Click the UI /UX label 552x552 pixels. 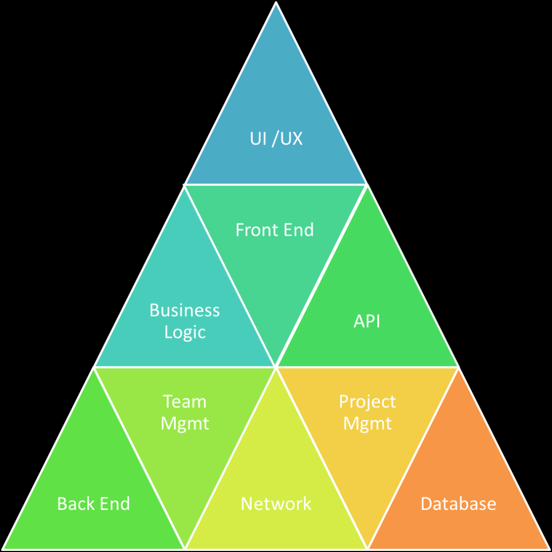click(x=276, y=139)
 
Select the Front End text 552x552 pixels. click(x=274, y=230)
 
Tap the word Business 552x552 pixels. click(x=184, y=310)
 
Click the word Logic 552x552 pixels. click(x=185, y=332)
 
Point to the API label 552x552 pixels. click(x=367, y=321)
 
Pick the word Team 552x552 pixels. click(x=184, y=402)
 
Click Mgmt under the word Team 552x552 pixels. click(x=184, y=424)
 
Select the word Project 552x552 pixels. click(x=367, y=402)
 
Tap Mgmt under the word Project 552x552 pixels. click(x=367, y=424)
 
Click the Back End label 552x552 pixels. click(x=93, y=504)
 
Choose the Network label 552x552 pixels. click(x=276, y=504)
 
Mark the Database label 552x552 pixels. click(x=458, y=504)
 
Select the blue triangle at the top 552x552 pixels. click(x=276, y=108)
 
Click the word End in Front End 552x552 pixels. click(x=300, y=230)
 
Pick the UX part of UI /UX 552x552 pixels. click(x=292, y=139)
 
